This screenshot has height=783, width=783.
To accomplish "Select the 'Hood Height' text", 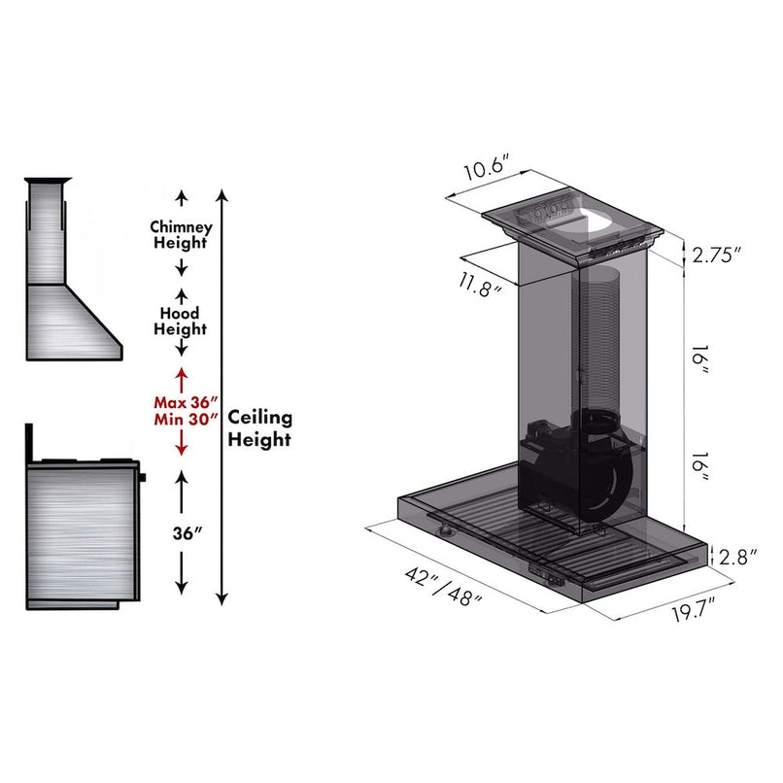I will click(x=180, y=322).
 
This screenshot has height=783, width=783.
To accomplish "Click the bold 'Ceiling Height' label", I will click(x=259, y=427).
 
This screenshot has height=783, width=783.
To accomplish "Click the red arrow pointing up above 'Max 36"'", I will click(x=180, y=376).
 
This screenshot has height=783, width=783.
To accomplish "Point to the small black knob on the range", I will click(x=142, y=477).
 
